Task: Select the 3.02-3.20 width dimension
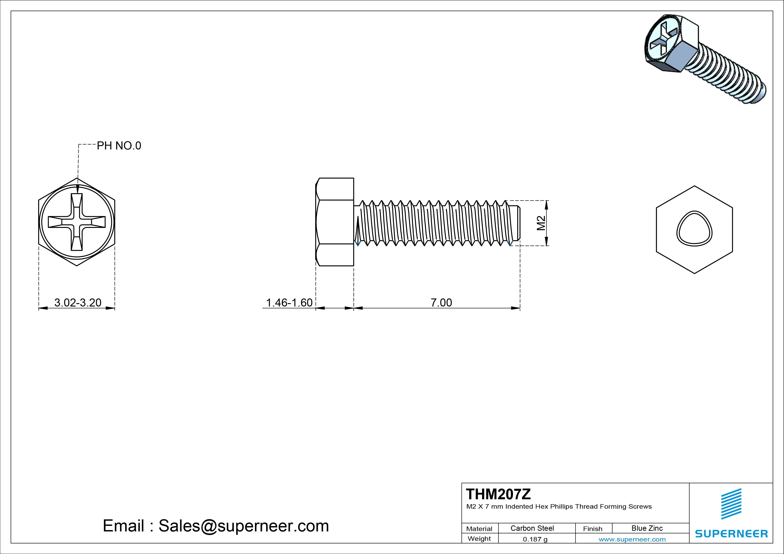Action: click(78, 302)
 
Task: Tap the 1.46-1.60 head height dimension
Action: click(289, 302)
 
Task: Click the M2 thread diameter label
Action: click(541, 223)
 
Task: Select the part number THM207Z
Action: click(498, 494)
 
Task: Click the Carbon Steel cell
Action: click(532, 528)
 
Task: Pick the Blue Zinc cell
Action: click(647, 528)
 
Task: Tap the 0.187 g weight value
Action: click(535, 539)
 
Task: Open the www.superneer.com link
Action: click(632, 539)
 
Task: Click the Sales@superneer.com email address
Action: click(243, 526)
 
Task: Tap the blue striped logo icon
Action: click(731, 504)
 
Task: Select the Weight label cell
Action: click(479, 539)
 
